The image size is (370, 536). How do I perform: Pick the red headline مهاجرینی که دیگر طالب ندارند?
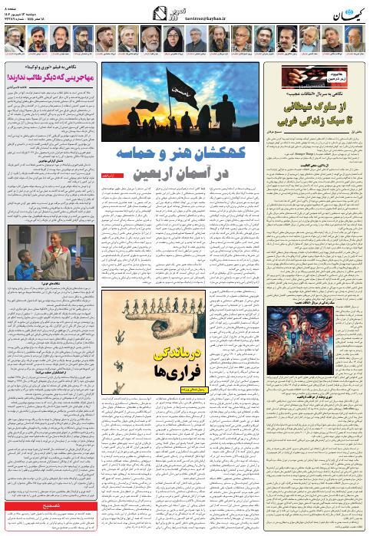click(49, 77)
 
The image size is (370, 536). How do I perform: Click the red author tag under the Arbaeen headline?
click(112, 176)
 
